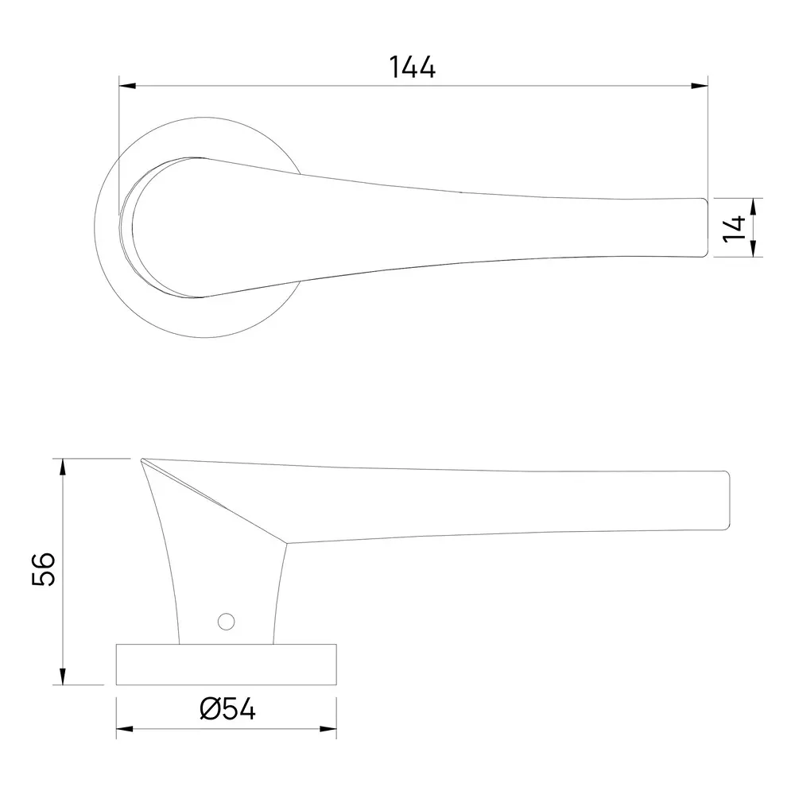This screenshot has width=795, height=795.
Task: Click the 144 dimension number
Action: (413, 68)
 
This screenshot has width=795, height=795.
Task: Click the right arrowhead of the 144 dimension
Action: (700, 85)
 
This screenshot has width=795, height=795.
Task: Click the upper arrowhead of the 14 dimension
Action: (753, 204)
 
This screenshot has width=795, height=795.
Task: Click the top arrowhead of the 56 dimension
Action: (62, 465)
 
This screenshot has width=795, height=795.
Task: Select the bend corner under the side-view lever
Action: (285, 543)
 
